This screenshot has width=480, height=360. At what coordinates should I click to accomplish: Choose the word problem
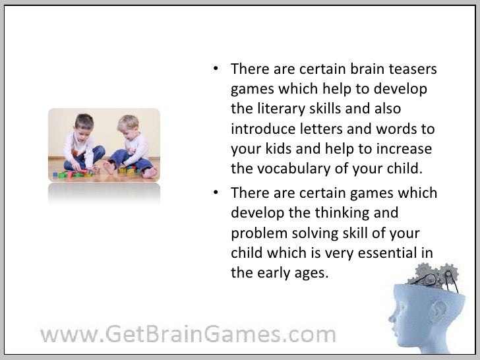[256, 233]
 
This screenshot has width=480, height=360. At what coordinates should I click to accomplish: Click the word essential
[384, 253]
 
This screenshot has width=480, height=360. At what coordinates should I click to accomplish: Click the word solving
[312, 233]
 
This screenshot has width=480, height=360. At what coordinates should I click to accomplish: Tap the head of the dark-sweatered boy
[84, 127]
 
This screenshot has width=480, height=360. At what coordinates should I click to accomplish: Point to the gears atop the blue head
[435, 276]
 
